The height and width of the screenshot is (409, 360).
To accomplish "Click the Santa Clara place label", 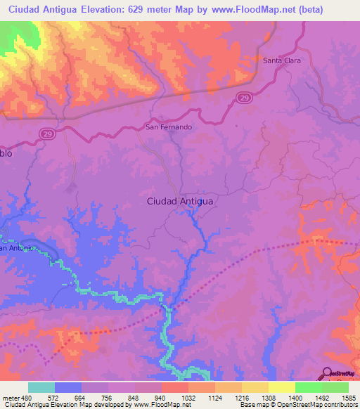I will pos(282,60).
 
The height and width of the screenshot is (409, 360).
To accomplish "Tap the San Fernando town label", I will pos(168,127).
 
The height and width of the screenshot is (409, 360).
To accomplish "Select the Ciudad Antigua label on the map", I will pos(180,201).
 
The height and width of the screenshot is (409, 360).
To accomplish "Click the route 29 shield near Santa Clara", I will pos(243,98).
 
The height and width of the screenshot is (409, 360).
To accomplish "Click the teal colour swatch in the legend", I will pos(41,387).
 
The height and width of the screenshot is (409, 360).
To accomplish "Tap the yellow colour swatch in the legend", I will pos(281,387).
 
